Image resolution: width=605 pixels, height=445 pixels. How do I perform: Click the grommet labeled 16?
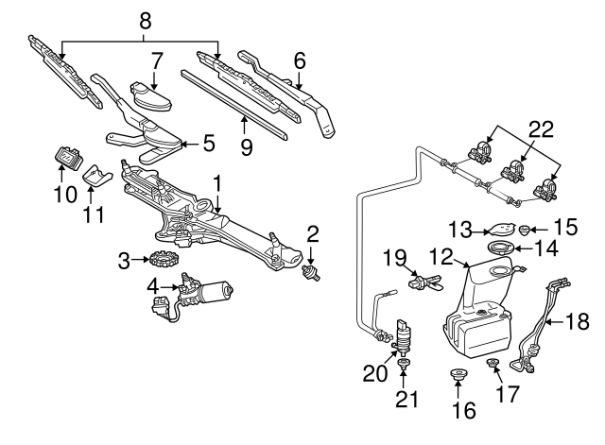click(458, 379)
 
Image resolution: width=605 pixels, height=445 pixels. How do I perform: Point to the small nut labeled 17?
click(492, 365)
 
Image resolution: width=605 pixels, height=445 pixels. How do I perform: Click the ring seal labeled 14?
click(500, 248)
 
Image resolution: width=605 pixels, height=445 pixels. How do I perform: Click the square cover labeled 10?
click(69, 155)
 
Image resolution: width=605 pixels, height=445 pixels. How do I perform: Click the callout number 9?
click(246, 146)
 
